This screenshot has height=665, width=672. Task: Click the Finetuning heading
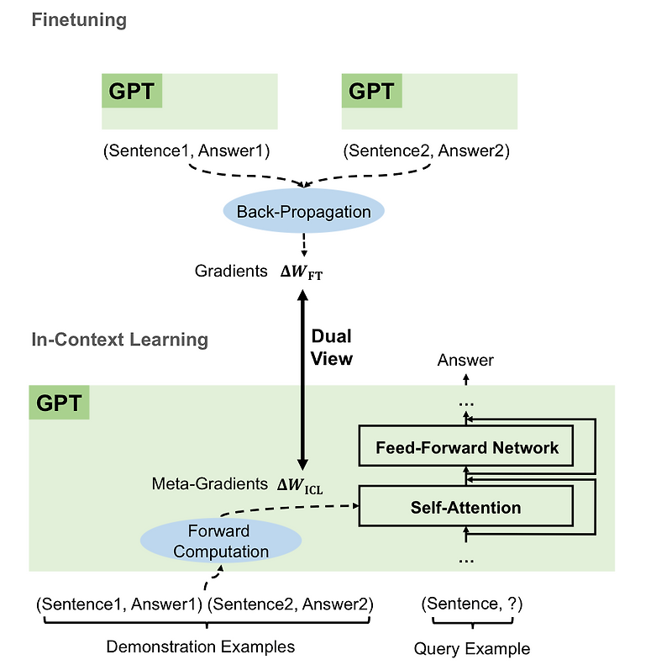point(79,20)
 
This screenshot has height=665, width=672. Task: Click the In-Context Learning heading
point(119,340)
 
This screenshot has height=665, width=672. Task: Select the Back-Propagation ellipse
point(303,212)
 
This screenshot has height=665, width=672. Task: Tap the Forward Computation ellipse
point(218,541)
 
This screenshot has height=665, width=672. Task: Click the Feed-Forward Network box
point(466,447)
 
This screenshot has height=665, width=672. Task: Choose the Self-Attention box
point(465,507)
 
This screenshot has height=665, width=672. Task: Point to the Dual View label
point(332,347)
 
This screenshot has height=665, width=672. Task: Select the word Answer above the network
point(465,361)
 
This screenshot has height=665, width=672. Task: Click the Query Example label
point(471,648)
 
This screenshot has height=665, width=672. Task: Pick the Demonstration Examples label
point(200,647)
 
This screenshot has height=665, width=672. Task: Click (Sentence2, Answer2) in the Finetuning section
point(426,151)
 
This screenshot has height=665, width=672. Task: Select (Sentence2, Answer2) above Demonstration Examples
point(291,604)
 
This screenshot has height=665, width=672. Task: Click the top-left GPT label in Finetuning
point(131,91)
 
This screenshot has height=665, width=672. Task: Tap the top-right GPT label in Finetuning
point(371,91)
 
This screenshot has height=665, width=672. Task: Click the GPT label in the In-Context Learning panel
point(59,403)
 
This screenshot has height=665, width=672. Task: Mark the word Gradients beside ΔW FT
point(229,272)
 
